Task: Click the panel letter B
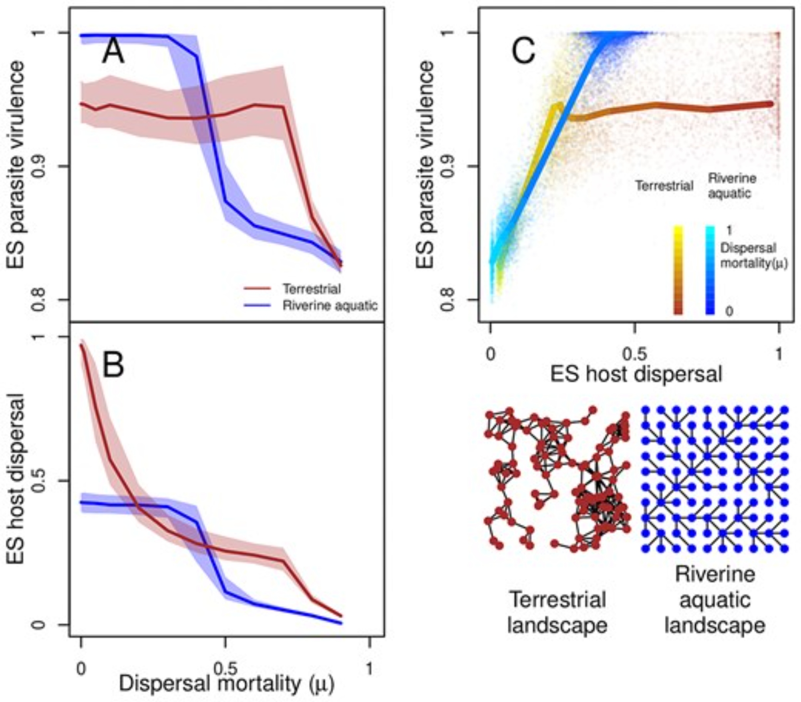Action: (113, 366)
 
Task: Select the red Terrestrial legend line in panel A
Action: (258, 288)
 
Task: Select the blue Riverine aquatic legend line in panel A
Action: (258, 306)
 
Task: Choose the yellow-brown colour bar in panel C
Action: (678, 270)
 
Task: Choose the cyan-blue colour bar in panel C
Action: (710, 270)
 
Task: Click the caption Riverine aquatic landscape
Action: (715, 599)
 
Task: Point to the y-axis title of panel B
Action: (17, 479)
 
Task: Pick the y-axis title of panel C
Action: (426, 164)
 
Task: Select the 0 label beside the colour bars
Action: (729, 311)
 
